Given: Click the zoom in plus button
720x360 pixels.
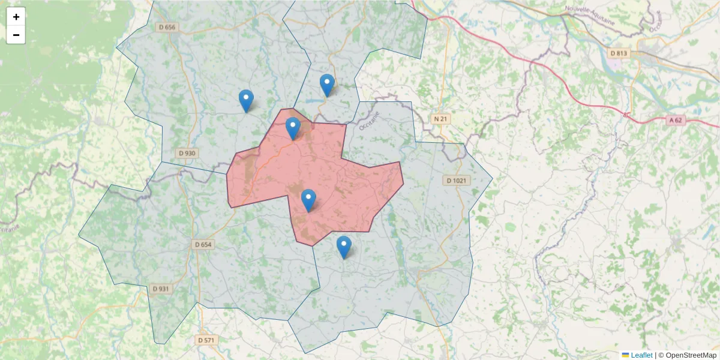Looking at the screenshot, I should coord(16,17).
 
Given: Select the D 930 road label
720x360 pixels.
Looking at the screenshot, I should coord(187,153).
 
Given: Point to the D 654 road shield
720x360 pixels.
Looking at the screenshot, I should coord(203,245).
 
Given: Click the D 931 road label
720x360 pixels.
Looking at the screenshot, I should coord(161,289).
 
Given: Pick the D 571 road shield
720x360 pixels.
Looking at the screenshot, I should coord(206,340).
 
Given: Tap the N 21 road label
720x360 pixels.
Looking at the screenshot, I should coord(441,119).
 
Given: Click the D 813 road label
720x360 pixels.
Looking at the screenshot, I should coord(619,53).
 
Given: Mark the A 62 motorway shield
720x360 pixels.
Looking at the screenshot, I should coord(676,120).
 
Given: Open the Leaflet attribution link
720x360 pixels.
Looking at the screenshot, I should coord(641,355).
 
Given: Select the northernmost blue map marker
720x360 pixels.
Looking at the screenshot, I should coord(326,85).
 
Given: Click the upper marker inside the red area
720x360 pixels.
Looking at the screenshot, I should coord(293,128).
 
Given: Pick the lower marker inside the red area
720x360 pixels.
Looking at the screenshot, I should coord(308,200).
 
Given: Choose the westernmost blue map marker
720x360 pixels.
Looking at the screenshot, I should coord(246,101).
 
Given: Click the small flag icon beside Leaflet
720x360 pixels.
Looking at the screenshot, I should coord(625,355).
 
